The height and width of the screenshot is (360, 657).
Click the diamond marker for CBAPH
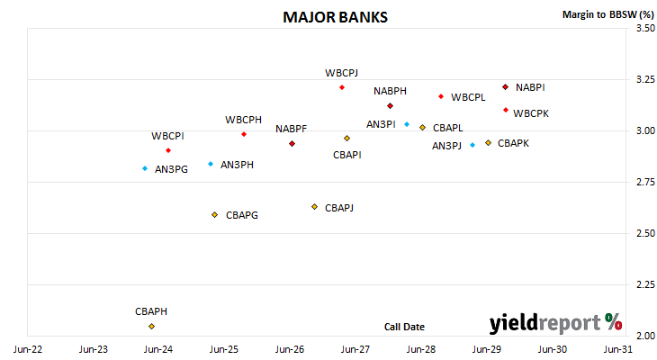pos(152,326)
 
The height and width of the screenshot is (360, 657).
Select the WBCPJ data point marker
pos(342,87)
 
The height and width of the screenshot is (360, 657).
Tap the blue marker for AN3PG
pos(145,168)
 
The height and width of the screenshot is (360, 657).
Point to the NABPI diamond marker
pos(505,87)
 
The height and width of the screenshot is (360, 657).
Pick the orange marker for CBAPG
pos(214,215)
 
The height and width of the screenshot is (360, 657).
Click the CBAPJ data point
pos(315,207)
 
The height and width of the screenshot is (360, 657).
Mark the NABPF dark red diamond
pos(292,144)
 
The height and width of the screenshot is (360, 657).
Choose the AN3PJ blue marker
pos(472,145)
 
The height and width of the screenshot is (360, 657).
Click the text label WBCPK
pos(531,113)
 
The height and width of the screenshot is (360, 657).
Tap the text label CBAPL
pos(448,128)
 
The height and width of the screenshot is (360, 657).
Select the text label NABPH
pos(390,91)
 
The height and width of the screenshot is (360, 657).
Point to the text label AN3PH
pos(238,165)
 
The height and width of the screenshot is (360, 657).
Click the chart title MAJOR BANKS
pos(335,17)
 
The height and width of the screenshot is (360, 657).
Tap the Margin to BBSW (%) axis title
pos(608,14)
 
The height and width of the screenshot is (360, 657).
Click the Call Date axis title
pos(404,327)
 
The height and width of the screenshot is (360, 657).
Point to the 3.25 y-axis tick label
pos(645,79)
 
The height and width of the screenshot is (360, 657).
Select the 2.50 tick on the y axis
pos(645,233)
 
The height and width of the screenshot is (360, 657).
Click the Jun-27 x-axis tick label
pos(355,349)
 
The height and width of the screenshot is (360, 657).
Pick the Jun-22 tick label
pos(28,349)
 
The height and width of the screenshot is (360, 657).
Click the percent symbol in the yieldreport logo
pos(614,322)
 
